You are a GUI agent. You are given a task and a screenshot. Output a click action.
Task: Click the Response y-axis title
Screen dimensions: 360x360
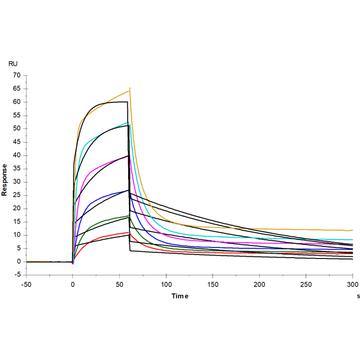4,180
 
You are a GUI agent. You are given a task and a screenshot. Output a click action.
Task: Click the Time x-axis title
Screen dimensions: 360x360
180,296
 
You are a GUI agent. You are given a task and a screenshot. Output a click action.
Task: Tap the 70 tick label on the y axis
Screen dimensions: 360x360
17,75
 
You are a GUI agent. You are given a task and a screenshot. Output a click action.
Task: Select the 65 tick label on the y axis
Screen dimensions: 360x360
17,89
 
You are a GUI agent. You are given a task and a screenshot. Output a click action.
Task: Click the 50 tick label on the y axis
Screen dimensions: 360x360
17,129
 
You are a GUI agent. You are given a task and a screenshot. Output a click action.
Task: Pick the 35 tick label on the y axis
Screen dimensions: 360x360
17,169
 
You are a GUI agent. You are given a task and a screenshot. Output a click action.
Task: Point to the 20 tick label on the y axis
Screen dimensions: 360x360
17,209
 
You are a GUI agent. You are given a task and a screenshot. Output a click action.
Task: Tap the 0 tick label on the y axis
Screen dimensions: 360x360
19,262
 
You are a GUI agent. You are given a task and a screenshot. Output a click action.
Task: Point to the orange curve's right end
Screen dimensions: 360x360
353,230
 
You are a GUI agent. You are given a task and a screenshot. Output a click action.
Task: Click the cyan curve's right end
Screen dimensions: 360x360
353,240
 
